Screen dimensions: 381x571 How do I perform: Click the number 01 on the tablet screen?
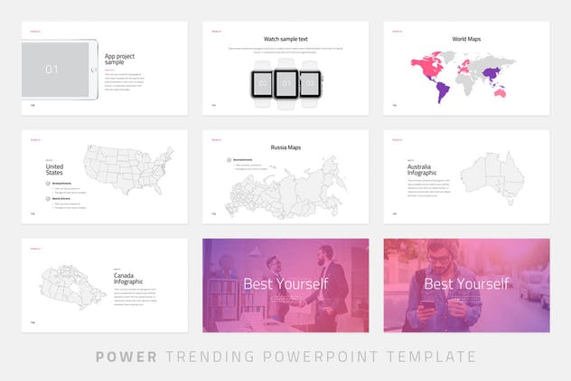tap(51, 69)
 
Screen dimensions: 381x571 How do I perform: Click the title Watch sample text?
tap(285, 39)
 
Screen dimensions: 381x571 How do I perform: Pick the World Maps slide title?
tap(466, 39)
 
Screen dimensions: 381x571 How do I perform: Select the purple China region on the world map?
tap(491, 72)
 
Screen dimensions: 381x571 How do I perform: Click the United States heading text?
tap(55, 169)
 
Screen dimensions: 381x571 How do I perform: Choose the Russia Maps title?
tap(285, 147)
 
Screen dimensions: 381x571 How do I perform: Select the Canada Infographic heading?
tap(128, 279)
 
